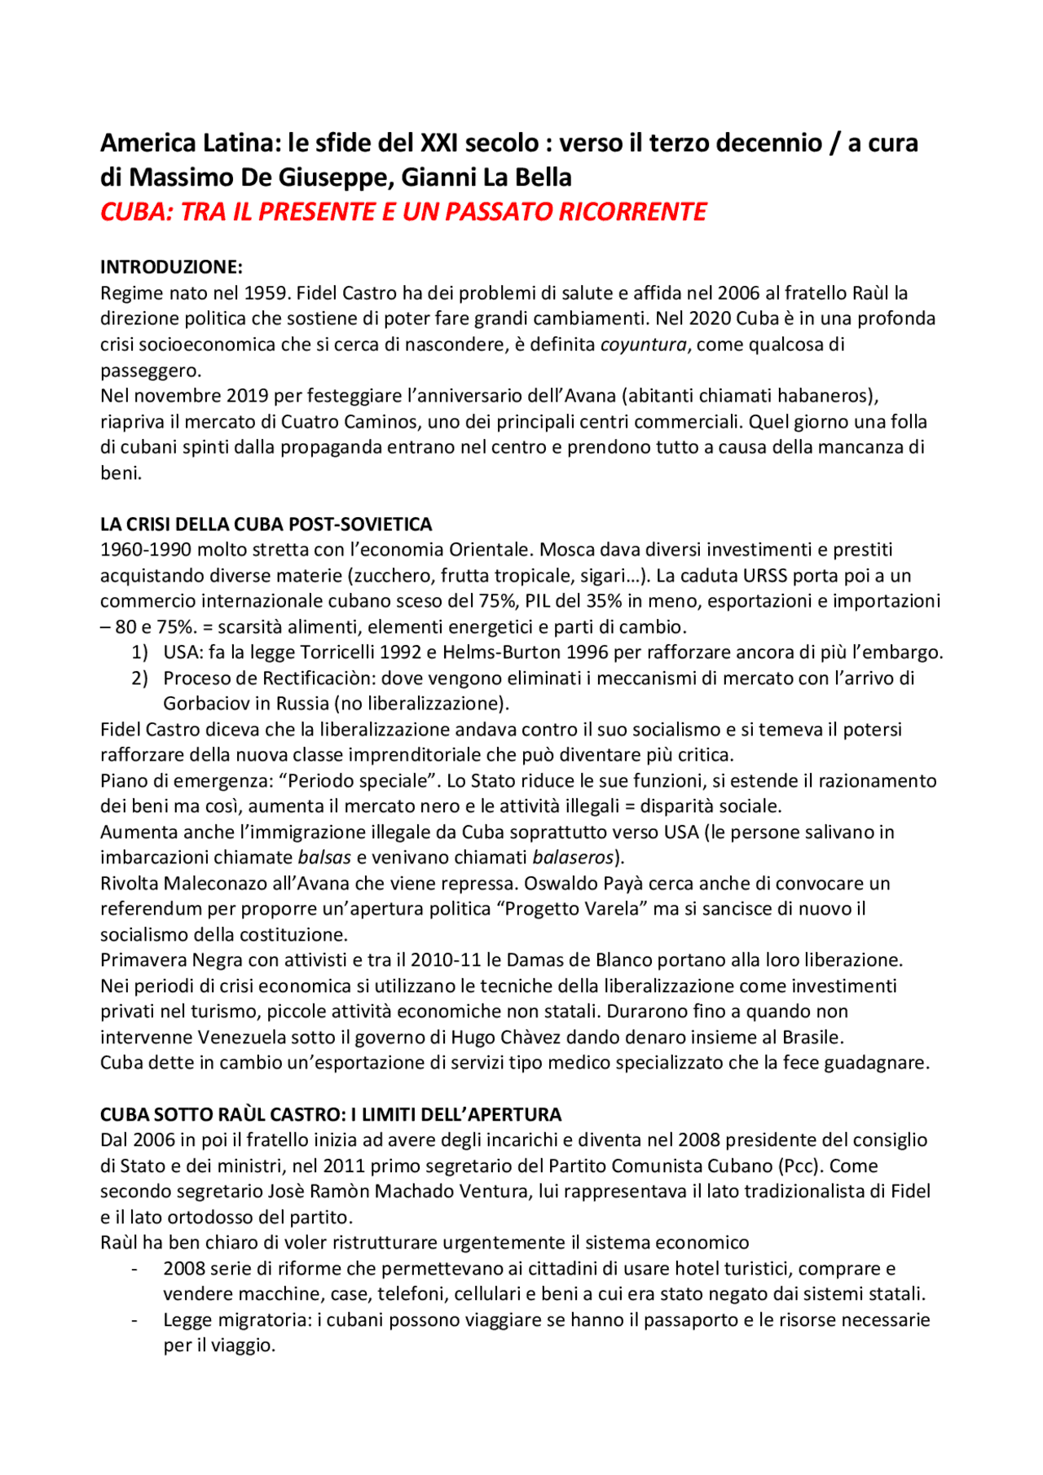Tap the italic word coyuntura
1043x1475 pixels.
644,345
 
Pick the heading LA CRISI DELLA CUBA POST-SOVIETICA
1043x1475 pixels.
266,524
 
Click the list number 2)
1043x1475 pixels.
139,678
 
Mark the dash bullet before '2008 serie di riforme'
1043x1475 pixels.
134,1269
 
